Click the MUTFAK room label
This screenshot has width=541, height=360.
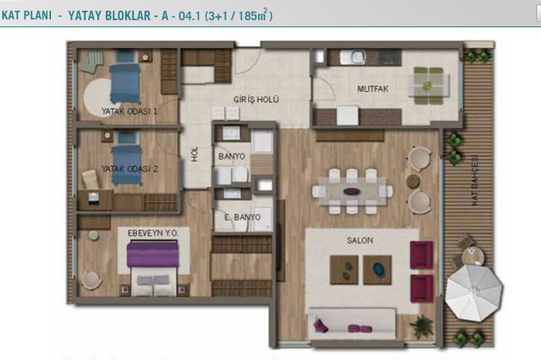click(x=373, y=89)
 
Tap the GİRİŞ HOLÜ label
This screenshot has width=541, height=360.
click(x=256, y=100)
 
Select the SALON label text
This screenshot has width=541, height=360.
click(x=360, y=240)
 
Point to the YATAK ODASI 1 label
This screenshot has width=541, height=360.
click(x=129, y=111)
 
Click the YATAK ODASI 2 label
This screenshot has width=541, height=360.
click(x=130, y=169)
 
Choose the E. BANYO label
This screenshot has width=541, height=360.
click(x=242, y=217)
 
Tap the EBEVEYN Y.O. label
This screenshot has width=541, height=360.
click(x=153, y=233)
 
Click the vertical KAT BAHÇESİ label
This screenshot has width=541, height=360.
click(x=475, y=181)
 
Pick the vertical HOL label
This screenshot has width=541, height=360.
click(x=195, y=155)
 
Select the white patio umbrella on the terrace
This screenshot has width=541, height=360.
click(x=473, y=293)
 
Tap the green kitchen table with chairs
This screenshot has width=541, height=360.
click(x=428, y=85)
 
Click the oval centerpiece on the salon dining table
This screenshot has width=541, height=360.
click(x=352, y=192)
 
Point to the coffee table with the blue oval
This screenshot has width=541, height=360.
click(x=377, y=270)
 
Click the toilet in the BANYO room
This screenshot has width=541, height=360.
click(x=240, y=174)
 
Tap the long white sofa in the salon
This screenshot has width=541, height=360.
click(x=352, y=324)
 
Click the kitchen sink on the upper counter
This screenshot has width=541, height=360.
click(x=353, y=57)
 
